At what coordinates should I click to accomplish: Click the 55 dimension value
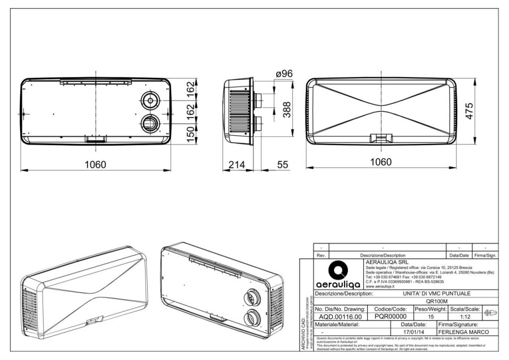tap(283, 165)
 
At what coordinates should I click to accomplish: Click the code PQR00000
tap(390, 317)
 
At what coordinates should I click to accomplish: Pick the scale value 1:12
tap(465, 317)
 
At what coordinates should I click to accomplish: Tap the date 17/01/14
tap(414, 332)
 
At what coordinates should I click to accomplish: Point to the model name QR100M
tap(437, 301)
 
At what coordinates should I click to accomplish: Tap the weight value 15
tap(430, 317)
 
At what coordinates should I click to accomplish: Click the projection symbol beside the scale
tap(489, 313)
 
